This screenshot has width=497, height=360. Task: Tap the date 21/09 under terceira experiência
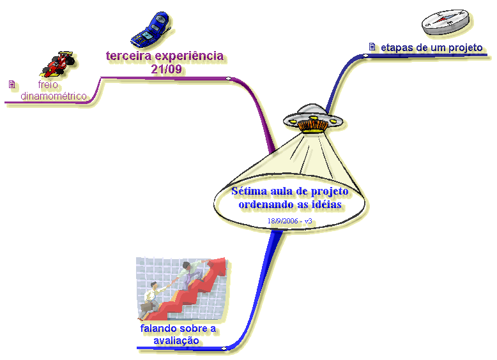tap(165, 69)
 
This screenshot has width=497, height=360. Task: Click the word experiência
tap(191, 56)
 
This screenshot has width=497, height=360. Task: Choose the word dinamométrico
tap(54, 96)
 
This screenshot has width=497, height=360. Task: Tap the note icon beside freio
tap(11, 84)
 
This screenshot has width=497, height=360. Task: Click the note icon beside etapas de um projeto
tap(372, 47)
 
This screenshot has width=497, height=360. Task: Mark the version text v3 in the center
tap(308, 221)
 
